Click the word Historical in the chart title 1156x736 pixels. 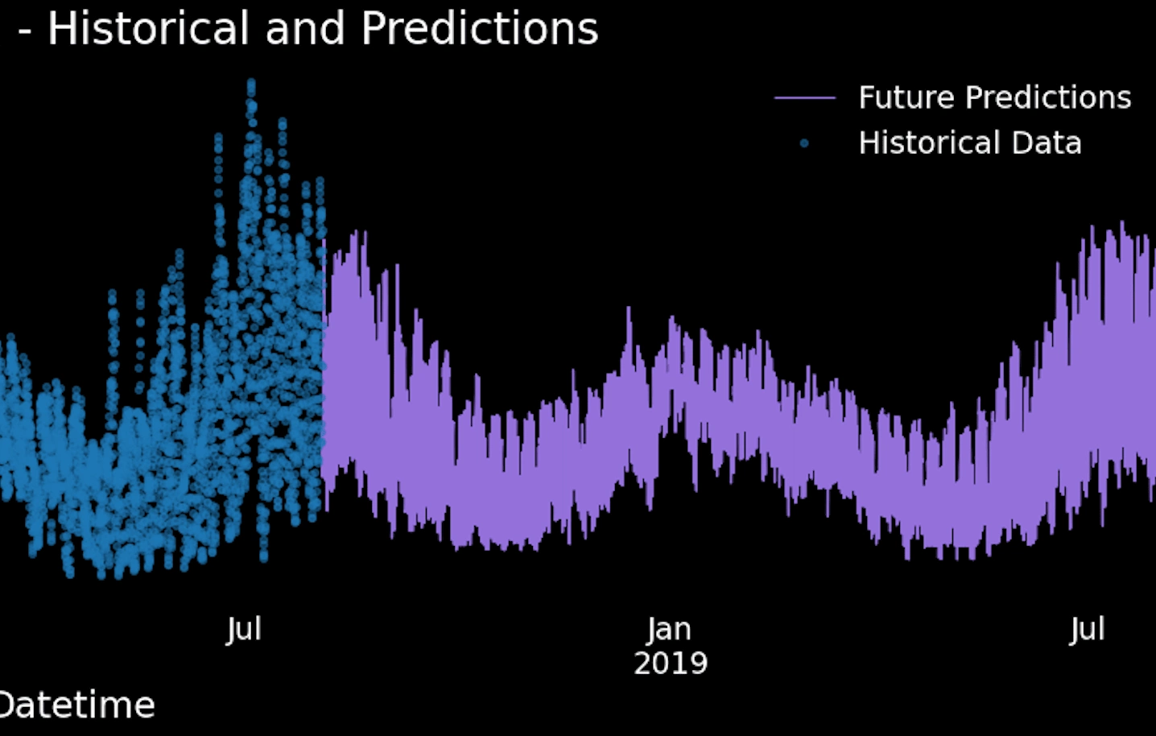coord(149,28)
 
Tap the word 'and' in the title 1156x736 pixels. coord(305,28)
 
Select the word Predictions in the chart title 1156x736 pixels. coord(480,28)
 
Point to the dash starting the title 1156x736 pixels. coord(24,32)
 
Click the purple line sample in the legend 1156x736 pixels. coord(805,97)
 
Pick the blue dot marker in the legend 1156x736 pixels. coord(804,143)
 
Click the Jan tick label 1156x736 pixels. coord(669,630)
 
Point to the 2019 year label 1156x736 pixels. coord(671,664)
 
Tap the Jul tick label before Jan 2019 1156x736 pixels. coord(244,630)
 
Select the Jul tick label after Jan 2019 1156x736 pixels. coord(1087,630)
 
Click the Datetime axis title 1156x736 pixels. coord(76,705)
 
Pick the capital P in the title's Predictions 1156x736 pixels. coord(374,28)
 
